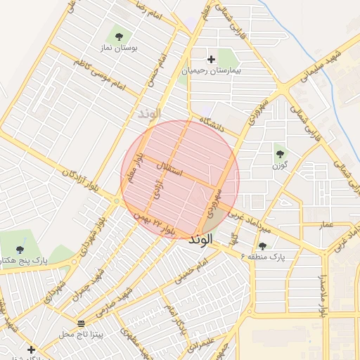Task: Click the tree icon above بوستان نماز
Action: pos(118,36)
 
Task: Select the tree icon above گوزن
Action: pos(280,153)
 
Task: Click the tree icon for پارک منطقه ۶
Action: pos(262,246)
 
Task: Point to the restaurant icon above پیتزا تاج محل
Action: pos(83,323)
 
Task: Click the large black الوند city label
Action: pos(200,240)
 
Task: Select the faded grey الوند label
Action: pos(149,112)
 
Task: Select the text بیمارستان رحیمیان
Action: pos(212,71)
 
